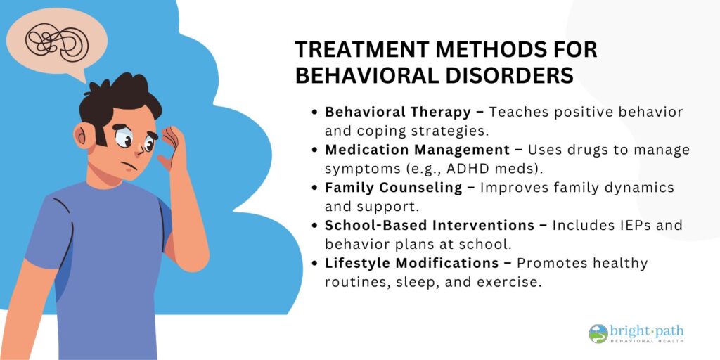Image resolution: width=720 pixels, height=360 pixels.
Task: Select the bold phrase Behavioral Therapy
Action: (398, 112)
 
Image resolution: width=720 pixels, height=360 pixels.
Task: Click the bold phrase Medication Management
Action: (417, 150)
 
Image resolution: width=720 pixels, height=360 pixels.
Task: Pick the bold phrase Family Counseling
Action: (394, 188)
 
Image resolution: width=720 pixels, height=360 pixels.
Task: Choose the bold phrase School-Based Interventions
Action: (430, 226)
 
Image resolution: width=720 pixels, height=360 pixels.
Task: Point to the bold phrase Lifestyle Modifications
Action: (412, 263)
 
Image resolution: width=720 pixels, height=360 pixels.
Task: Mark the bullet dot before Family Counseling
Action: (314, 188)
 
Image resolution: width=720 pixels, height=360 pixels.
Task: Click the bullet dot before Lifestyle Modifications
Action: (314, 264)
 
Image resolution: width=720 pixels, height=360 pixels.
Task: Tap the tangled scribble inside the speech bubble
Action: (57, 42)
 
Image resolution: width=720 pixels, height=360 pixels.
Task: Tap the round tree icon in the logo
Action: (598, 334)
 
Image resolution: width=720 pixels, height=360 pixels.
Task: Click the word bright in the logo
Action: (629, 331)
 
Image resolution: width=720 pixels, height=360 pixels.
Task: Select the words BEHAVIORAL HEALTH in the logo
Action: (647, 342)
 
